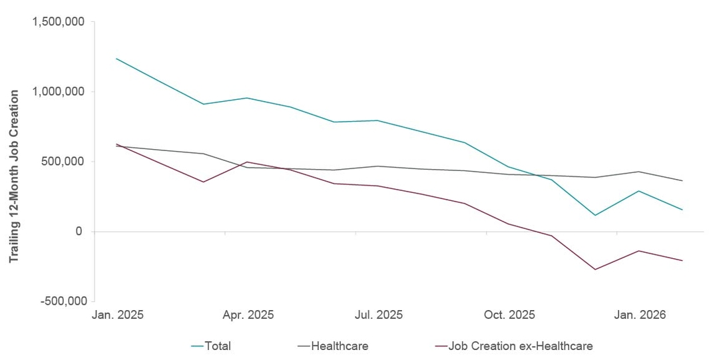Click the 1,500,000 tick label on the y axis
58,22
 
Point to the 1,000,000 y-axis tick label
58,92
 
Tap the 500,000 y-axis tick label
64,162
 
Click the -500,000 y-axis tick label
61,301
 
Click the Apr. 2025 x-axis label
248,313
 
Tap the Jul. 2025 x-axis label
378,313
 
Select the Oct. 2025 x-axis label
509,313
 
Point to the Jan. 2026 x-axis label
639,313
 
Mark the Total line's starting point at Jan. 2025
117,59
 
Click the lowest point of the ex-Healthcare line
595,270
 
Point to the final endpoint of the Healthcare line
682,181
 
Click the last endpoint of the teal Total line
682,210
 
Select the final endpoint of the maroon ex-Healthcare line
682,260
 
